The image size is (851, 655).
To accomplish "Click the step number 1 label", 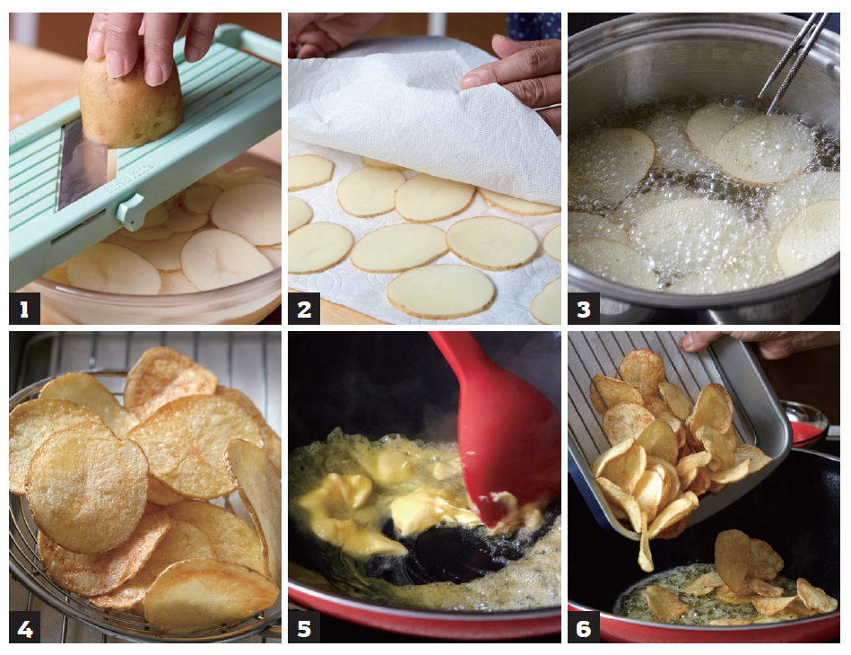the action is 24,309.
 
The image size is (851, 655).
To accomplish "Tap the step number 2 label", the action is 304,309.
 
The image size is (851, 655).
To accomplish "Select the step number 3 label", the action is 584,309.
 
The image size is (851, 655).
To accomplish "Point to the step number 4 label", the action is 24,628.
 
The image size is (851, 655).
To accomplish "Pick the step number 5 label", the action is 304,628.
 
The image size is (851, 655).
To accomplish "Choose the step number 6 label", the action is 584,628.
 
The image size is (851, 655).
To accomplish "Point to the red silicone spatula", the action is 499,429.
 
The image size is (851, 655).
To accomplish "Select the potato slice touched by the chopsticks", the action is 764,149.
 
